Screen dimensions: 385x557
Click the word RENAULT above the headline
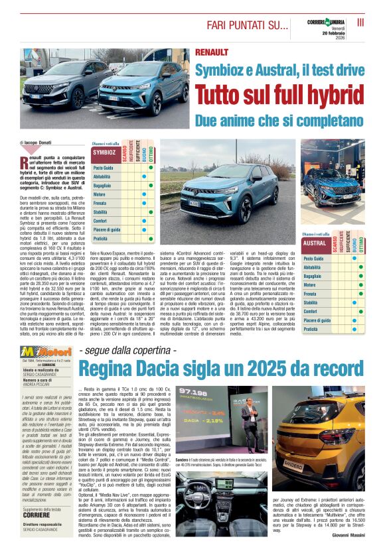tap(212, 52)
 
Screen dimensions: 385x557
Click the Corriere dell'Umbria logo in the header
tap(325, 23)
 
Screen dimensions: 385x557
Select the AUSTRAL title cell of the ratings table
tap(314, 243)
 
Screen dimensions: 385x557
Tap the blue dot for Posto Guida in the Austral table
tap(372, 258)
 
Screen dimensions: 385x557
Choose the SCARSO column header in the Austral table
tap(335, 243)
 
